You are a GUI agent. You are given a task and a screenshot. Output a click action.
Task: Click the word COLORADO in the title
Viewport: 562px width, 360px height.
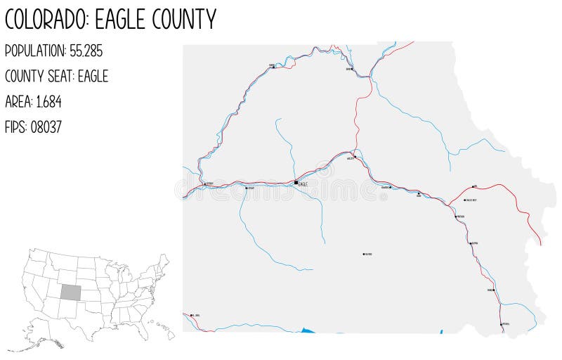tap(46, 19)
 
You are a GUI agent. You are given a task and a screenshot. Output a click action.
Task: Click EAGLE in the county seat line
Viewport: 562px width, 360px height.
tap(93, 76)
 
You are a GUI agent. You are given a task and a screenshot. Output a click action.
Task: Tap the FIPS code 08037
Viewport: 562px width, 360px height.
tap(46, 127)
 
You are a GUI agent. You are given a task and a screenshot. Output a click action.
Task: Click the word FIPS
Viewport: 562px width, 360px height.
tap(15, 127)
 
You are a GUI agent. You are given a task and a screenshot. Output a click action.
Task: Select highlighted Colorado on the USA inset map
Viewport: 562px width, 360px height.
tap(71, 292)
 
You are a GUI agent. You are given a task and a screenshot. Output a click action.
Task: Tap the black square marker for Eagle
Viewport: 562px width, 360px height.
tap(296, 183)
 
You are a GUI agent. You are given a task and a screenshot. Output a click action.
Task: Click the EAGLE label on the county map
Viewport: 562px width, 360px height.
tap(303, 184)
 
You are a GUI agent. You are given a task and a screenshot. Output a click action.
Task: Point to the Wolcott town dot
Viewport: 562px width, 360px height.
tap(355, 157)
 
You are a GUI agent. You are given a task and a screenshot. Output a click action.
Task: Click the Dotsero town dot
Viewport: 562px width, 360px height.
tap(204, 184)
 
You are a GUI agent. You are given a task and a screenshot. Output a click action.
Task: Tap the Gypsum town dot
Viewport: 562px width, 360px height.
tap(245, 188)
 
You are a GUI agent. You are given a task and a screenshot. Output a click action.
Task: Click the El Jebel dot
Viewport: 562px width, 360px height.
tap(190, 314)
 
